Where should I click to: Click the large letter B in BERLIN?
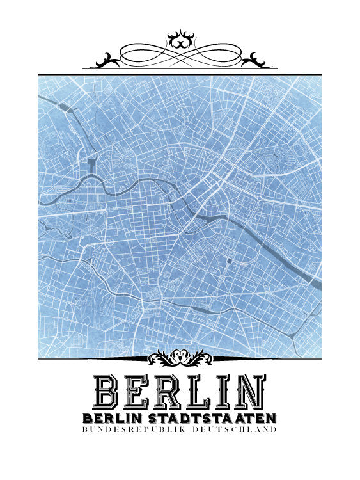106,392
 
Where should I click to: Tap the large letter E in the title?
138,392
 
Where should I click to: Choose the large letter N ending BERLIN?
250,392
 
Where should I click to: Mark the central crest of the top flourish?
180,39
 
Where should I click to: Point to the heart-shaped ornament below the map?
180,357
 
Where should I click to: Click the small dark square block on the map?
230,260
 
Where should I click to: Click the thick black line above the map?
180,74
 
